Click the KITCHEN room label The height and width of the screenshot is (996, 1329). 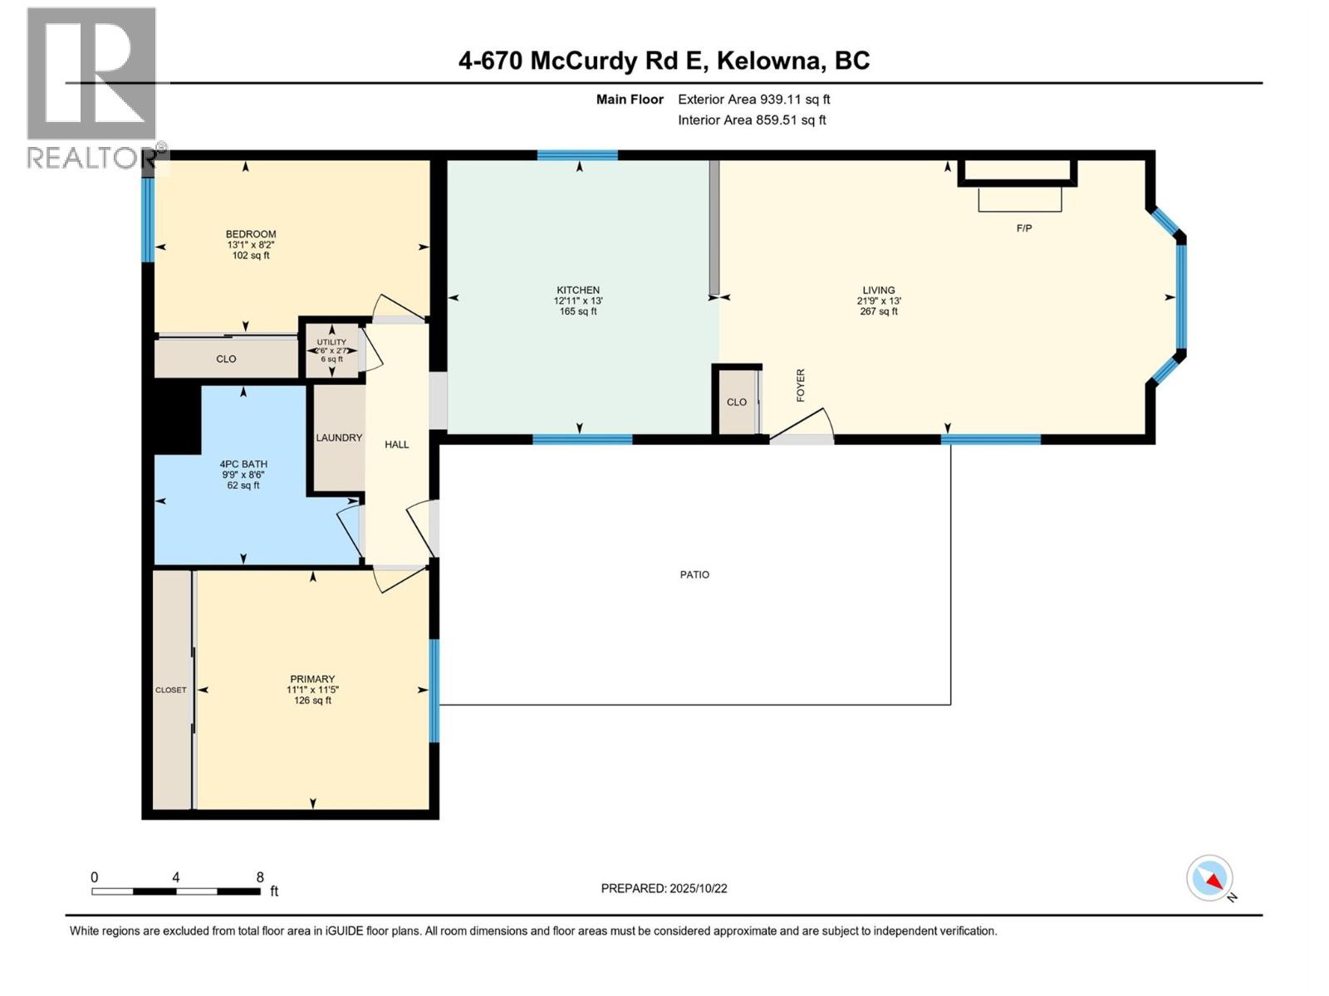point(577,290)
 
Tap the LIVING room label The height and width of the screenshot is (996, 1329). point(878,290)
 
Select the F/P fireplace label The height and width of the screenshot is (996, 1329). point(1024,228)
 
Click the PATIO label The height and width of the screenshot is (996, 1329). point(694,574)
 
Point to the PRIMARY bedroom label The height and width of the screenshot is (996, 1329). point(312,679)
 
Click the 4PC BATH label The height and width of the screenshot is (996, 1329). point(243,465)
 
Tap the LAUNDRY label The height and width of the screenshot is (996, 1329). point(339,437)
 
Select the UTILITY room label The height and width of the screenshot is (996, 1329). point(331,342)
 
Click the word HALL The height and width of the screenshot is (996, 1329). point(397,445)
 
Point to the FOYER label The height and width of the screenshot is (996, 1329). point(801,385)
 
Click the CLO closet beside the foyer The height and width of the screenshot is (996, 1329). point(737,402)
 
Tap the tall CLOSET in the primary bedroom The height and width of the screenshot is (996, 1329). point(171,690)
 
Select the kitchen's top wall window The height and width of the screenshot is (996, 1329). point(577,155)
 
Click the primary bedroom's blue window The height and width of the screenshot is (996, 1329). point(434,690)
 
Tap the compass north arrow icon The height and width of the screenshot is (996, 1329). point(1210,879)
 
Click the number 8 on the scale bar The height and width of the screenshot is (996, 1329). point(260,877)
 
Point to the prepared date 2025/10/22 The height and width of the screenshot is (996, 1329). point(664,888)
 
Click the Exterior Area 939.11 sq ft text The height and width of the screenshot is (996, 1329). point(753,100)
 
